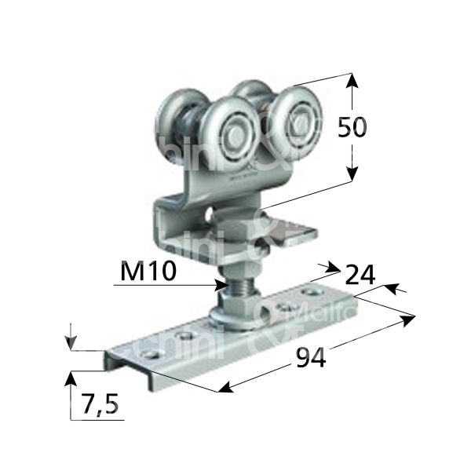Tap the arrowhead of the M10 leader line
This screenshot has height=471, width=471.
click(219, 285)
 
